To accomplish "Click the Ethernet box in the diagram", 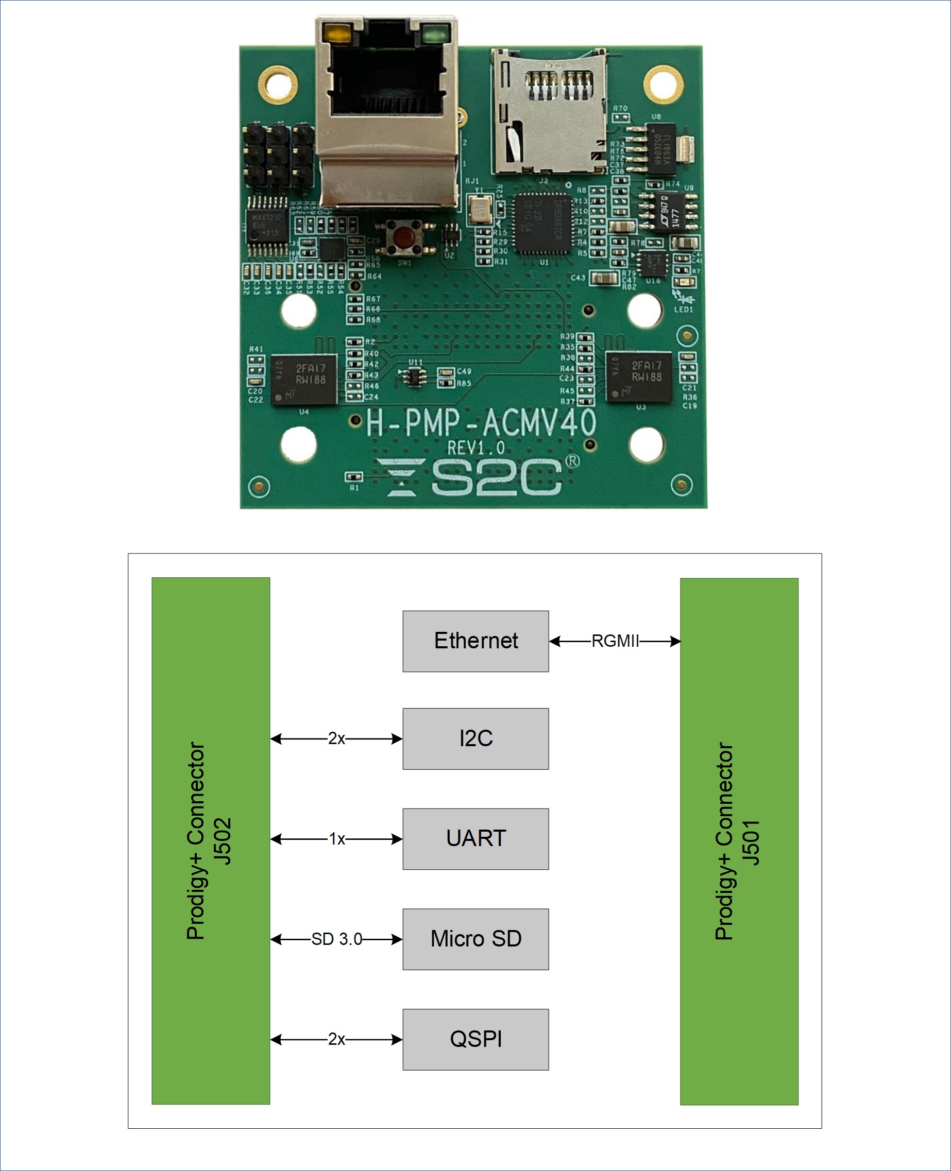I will click(475, 641).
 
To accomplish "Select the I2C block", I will click(475, 738).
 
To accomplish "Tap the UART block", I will click(475, 839).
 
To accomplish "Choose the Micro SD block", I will click(475, 939).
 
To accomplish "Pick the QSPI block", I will click(475, 1039).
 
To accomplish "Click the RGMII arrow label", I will click(615, 641).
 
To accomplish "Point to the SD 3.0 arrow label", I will click(336, 939).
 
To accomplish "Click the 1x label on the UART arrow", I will click(336, 839).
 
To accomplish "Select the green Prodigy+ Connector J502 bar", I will click(210, 840).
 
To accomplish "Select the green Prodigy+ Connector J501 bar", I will click(739, 841).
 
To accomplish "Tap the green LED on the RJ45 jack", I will click(434, 35).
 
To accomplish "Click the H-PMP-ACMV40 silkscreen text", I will click(481, 423).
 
